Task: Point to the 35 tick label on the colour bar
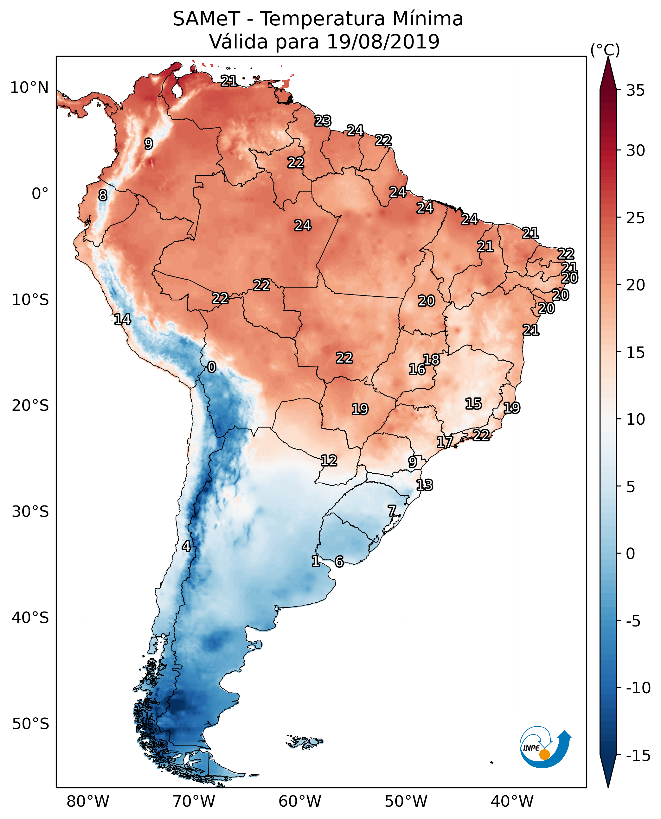[635, 91]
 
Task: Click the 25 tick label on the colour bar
[635, 218]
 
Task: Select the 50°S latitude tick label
[30, 724]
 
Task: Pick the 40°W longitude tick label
[512, 802]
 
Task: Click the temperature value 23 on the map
[323, 121]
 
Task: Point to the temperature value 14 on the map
[123, 319]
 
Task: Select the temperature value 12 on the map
[329, 460]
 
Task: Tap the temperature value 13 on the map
[425, 485]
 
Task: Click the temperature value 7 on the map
[392, 511]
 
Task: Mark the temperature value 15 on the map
[473, 404]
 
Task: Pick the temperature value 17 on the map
[444, 442]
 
